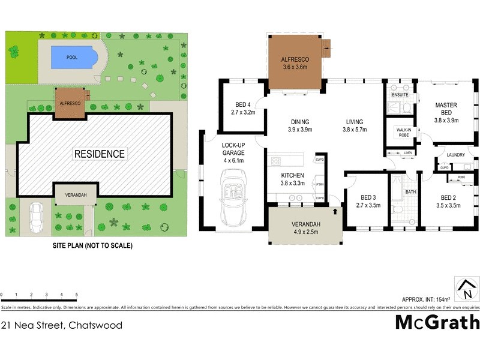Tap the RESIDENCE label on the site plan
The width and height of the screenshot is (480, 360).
click(100, 154)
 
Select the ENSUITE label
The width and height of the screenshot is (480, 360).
click(400, 95)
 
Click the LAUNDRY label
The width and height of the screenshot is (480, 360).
click(456, 155)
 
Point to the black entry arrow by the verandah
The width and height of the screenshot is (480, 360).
click(335, 211)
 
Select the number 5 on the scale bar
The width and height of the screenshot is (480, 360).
click(76, 295)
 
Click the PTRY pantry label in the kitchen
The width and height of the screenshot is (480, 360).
click(320, 185)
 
